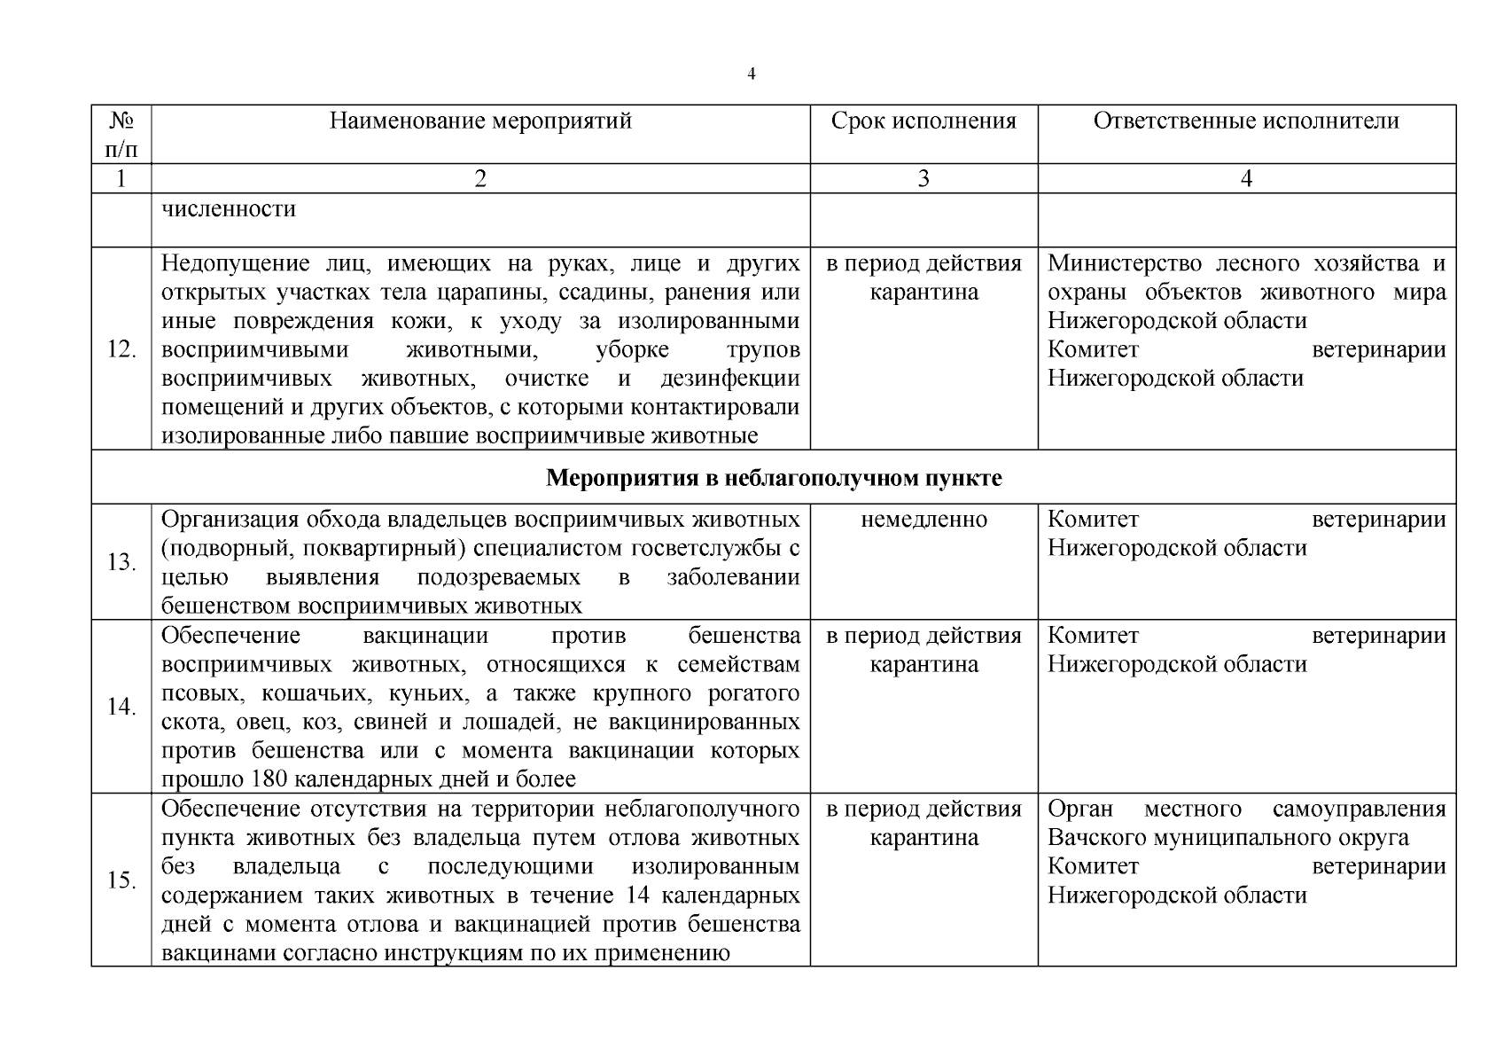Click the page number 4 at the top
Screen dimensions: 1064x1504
pyautogui.click(x=752, y=74)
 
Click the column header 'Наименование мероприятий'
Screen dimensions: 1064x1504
pyautogui.click(x=480, y=121)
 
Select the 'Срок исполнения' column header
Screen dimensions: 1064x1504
pyautogui.click(x=923, y=121)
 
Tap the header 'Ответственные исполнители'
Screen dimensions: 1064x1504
pyautogui.click(x=1246, y=121)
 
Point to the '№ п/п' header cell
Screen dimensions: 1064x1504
pyautogui.click(x=121, y=134)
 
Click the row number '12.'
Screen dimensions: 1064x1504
pyautogui.click(x=121, y=349)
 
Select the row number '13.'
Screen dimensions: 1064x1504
pyautogui.click(x=121, y=563)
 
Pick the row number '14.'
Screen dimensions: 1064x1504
pyautogui.click(x=121, y=708)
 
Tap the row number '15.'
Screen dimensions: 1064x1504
pyautogui.click(x=121, y=880)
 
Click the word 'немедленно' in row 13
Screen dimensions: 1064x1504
pyautogui.click(x=923, y=520)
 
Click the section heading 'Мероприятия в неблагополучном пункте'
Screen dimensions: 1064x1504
pyautogui.click(x=773, y=479)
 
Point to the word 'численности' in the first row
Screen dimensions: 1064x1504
pyautogui.click(x=229, y=210)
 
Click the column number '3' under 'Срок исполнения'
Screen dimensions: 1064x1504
pyautogui.click(x=923, y=179)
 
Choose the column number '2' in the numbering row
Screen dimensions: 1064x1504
pyautogui.click(x=480, y=179)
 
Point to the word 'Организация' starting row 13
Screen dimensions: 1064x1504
pyautogui.click(x=222, y=520)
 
